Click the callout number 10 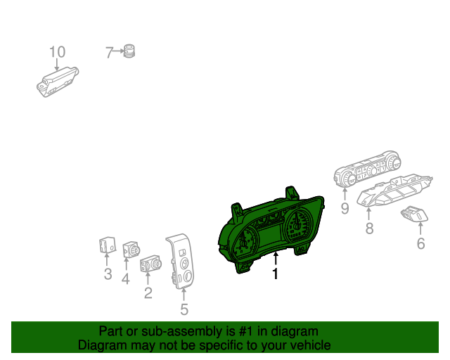(x=57, y=52)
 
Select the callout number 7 (x=109, y=52)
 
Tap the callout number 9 (x=345, y=208)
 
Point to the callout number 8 (x=368, y=228)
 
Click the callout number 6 (x=421, y=244)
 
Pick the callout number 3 (x=108, y=274)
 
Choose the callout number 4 (x=126, y=279)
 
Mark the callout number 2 (x=148, y=292)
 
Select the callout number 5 (x=184, y=309)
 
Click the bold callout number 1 (x=276, y=274)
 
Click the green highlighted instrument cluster (x=274, y=229)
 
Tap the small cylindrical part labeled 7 (x=129, y=51)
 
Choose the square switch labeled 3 (x=107, y=247)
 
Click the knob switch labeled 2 (x=150, y=265)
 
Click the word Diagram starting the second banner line (x=99, y=345)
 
